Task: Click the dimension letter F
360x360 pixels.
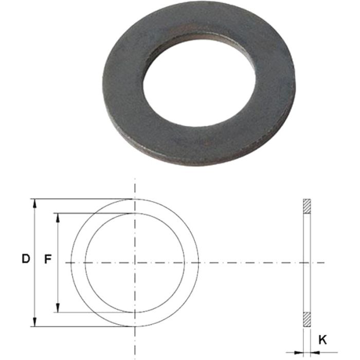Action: pos(48,260)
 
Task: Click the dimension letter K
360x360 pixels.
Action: pos(322,339)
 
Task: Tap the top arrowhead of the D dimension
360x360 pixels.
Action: pos(35,203)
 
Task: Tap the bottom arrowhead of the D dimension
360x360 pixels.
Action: pos(35,322)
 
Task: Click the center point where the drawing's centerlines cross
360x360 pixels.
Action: pos(135,263)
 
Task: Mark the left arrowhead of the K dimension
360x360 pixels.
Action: pos(299,351)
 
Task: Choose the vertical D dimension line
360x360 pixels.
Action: pos(35,231)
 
